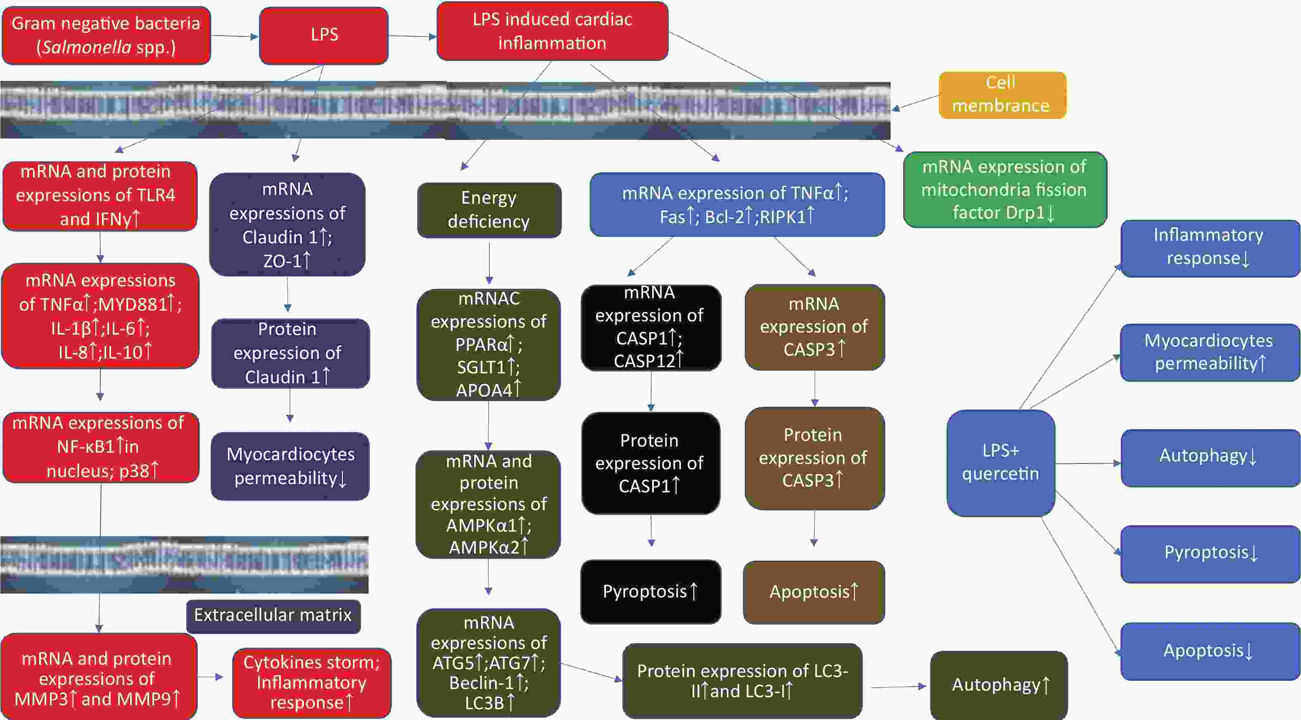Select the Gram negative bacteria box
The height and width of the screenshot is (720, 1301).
[106, 36]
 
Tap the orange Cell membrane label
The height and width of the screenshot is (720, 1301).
[1002, 95]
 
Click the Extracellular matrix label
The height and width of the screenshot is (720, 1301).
[273, 615]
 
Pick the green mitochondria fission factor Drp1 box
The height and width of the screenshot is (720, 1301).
[1004, 190]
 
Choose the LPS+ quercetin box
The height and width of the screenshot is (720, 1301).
[1000, 462]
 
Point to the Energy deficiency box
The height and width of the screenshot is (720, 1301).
[489, 210]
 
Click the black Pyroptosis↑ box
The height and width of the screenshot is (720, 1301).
[650, 591]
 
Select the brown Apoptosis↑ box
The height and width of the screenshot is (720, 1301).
[814, 592]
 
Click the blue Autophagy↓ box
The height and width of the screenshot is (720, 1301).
[1209, 457]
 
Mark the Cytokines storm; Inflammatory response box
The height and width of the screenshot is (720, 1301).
[311, 682]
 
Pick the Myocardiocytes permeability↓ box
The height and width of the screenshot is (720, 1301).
[290, 466]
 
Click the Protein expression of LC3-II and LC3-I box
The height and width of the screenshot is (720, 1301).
[742, 681]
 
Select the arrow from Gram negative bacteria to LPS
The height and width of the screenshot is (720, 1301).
[234, 36]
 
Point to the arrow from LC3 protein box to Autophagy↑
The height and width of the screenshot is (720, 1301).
[897, 687]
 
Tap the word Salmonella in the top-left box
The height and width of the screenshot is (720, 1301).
[86, 48]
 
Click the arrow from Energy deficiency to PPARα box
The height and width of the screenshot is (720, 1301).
[489, 263]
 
